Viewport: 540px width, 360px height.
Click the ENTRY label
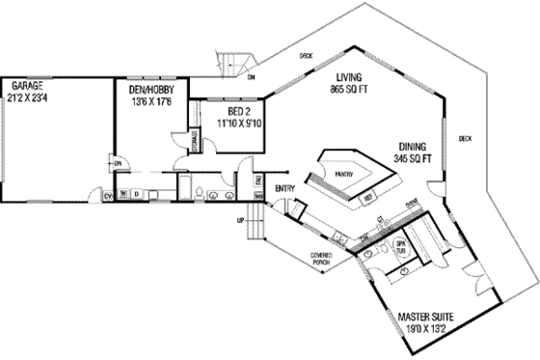(x=284, y=188)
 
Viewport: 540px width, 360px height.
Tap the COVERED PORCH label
(x=322, y=259)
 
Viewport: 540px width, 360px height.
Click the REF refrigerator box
(x=367, y=199)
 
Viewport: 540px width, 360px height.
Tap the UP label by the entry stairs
(x=239, y=220)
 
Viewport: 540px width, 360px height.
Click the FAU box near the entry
(x=257, y=180)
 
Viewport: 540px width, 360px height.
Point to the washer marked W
(x=122, y=194)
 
